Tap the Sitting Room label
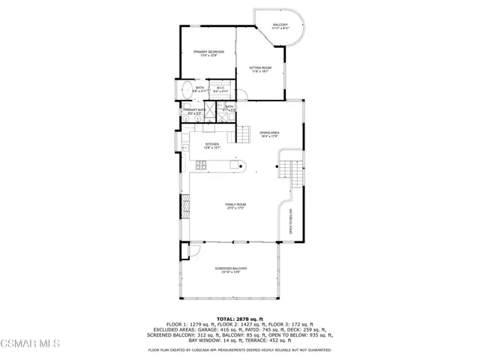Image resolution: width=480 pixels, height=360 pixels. pyautogui.click(x=260, y=70)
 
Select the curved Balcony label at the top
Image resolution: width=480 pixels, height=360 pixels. pyautogui.click(x=280, y=27)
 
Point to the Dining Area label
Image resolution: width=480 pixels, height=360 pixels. pyautogui.click(x=269, y=133)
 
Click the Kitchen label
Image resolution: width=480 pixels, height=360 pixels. pyautogui.click(x=212, y=145)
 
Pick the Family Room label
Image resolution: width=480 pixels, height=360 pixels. pyautogui.click(x=236, y=205)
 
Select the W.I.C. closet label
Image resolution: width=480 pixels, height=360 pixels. pyautogui.click(x=220, y=90)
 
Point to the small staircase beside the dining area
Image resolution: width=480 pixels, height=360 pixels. pyautogui.click(x=244, y=134)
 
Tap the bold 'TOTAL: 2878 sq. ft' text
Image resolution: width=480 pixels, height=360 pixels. pyautogui.click(x=240, y=319)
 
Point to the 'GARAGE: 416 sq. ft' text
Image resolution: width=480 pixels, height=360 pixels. pyautogui.click(x=224, y=329)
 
